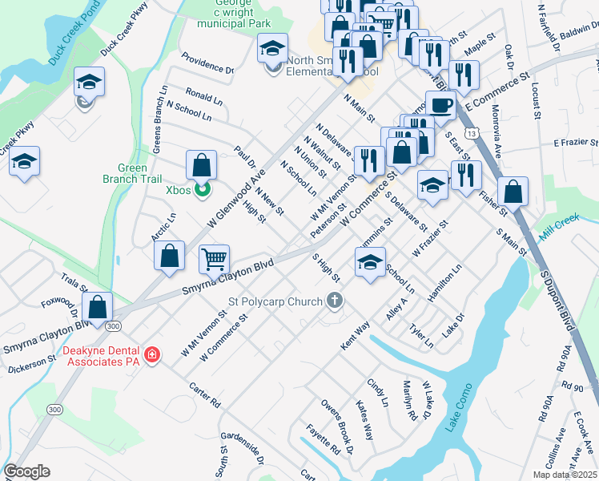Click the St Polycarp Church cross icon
[335, 301]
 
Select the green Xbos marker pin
[203, 190]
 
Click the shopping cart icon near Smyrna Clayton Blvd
[214, 259]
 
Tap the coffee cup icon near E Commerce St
[440, 104]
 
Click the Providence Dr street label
[207, 63]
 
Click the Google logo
[26, 471]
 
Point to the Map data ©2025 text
[564, 475]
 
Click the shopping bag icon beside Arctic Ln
[170, 256]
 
